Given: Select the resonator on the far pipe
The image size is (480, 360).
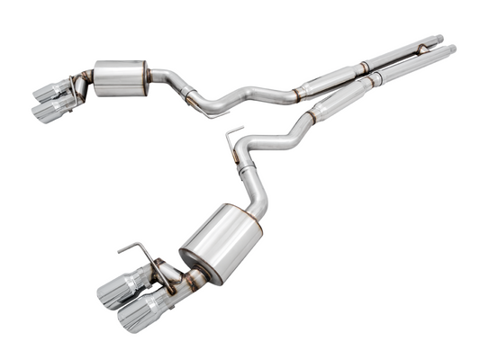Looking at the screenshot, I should click(x=330, y=79).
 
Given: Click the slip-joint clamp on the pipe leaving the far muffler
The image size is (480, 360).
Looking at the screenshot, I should click(x=188, y=93).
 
